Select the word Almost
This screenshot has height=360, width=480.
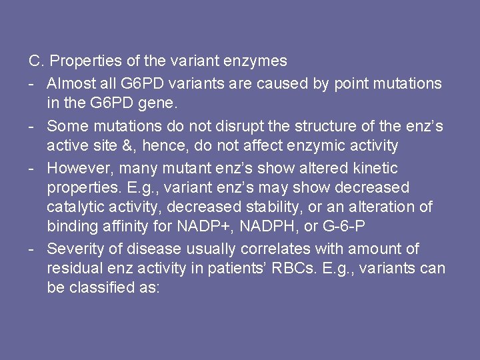[71, 83]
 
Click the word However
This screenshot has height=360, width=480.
[75, 168]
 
